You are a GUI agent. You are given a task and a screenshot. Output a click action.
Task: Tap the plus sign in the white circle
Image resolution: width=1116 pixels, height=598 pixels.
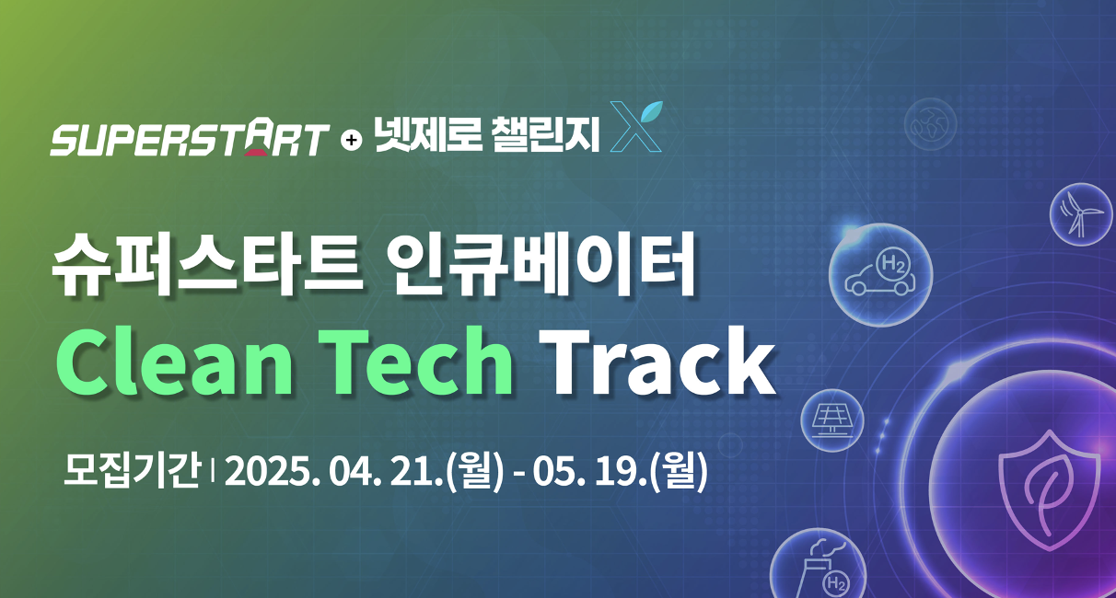[x=352, y=140]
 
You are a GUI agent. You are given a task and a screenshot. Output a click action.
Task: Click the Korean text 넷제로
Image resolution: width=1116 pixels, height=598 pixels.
[x=428, y=134]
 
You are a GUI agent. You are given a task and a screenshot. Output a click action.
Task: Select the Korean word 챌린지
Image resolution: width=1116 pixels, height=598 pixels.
[x=545, y=134]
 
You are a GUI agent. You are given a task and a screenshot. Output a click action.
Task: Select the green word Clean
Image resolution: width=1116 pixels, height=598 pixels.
[x=174, y=361]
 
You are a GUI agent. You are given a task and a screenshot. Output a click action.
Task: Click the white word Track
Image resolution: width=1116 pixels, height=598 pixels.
[x=657, y=361]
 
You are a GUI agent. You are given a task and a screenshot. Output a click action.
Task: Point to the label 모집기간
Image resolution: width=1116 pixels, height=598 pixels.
[x=132, y=469]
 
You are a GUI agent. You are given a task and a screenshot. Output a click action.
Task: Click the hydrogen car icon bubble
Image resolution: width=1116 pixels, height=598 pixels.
[x=880, y=275]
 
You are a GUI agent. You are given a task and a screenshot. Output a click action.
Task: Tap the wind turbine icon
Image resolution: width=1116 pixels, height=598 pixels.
[x=1081, y=214]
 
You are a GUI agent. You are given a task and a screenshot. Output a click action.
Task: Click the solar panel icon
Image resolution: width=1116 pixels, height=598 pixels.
[x=832, y=420]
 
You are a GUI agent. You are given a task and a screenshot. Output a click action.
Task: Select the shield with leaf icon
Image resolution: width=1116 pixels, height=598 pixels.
[x=1050, y=490]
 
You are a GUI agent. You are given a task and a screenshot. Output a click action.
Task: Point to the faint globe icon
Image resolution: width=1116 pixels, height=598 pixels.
[x=930, y=124]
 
